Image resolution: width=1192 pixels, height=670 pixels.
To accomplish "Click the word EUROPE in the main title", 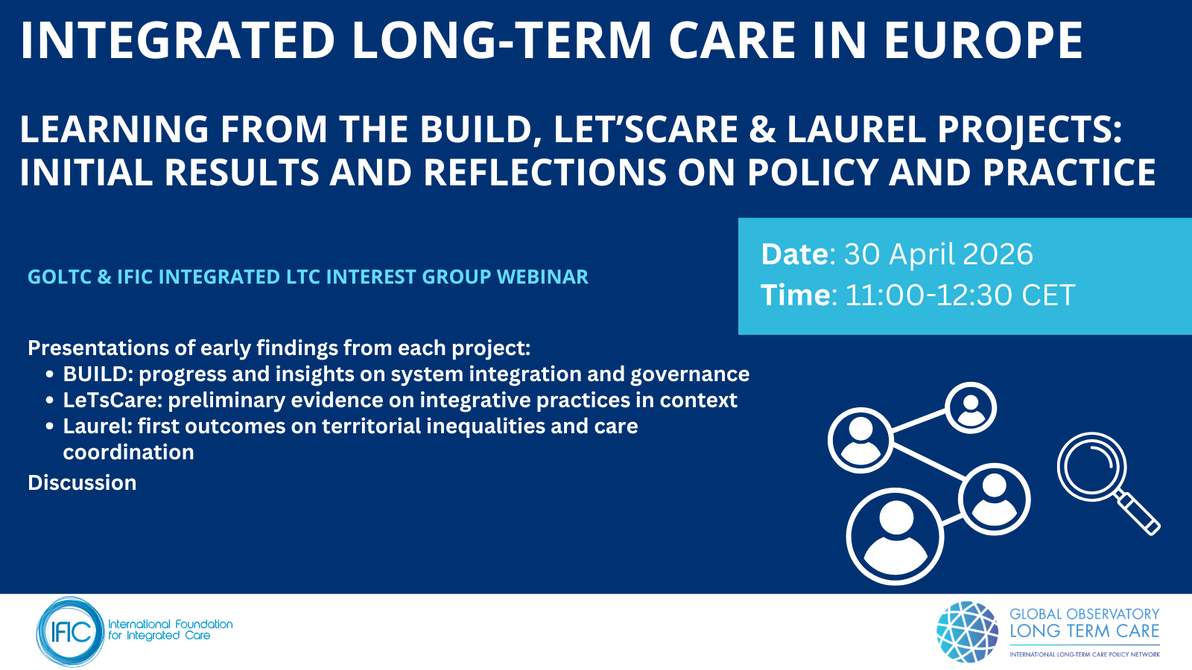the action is coord(983,40).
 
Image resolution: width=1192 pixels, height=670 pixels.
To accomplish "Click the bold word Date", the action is coord(795,254).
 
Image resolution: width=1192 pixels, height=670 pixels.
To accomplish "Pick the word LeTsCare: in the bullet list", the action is coord(112,400).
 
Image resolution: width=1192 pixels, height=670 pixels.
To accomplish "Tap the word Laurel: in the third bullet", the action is coord(98,426).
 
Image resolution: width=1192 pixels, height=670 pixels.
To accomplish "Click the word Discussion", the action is coord(82,483).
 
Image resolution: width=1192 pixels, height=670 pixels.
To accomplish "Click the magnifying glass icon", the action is coord(1108,483).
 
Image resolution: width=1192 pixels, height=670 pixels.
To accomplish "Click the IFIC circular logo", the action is coord(70,632).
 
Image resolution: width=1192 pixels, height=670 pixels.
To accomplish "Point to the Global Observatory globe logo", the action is coord(968,632).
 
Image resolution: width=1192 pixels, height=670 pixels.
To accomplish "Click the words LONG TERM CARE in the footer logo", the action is coord(1085,631).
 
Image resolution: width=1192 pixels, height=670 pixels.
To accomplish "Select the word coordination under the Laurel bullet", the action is coord(129,452).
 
